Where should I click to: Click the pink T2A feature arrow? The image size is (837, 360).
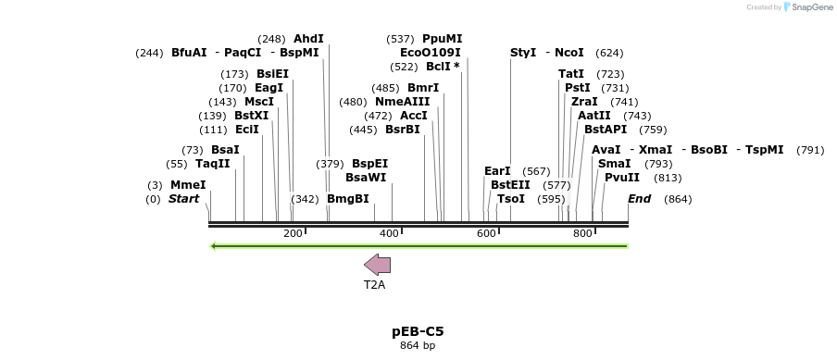378,265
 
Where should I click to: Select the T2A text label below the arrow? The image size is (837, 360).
374,285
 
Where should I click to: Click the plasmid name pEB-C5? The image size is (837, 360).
418,330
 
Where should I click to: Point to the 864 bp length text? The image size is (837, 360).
418,346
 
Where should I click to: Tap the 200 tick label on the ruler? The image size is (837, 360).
294,233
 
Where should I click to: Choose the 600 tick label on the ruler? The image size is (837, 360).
486,233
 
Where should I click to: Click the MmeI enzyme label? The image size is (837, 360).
188,185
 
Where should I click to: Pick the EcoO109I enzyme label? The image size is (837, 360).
431,53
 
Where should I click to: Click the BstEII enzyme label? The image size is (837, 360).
510,185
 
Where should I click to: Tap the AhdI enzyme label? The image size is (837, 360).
308,39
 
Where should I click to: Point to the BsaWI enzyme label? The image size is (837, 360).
366,178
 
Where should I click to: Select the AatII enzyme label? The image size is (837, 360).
594,116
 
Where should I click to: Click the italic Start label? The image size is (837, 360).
183,199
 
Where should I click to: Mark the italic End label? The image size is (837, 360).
639,199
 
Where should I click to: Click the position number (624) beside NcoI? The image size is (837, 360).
609,53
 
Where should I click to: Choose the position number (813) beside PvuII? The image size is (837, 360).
668,178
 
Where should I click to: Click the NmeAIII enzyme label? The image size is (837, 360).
403,102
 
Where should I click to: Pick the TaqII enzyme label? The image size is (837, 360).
213,164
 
